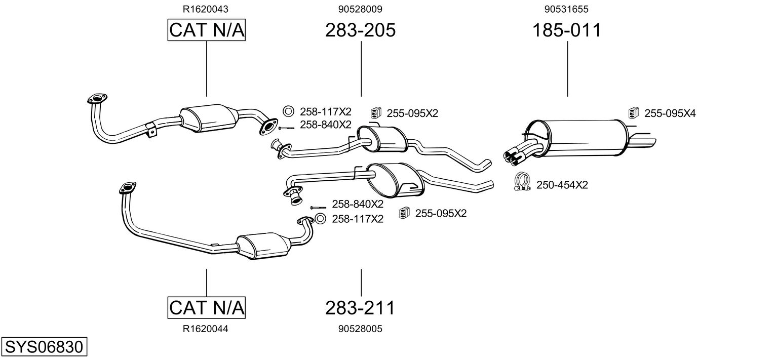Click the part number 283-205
(360, 30)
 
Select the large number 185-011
(567, 30)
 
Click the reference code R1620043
(206, 9)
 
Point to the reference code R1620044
(206, 329)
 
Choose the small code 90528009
(360, 9)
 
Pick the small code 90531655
(566, 9)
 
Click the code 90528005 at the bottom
(360, 329)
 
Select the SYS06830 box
(44, 346)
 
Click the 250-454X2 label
(562, 185)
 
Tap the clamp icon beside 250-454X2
(522, 182)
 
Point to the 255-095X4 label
(670, 113)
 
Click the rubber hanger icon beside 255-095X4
(634, 112)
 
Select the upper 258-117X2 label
(326, 112)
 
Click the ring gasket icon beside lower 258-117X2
(320, 219)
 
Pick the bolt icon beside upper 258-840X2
(286, 128)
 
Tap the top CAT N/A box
(207, 30)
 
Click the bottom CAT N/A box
(207, 307)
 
